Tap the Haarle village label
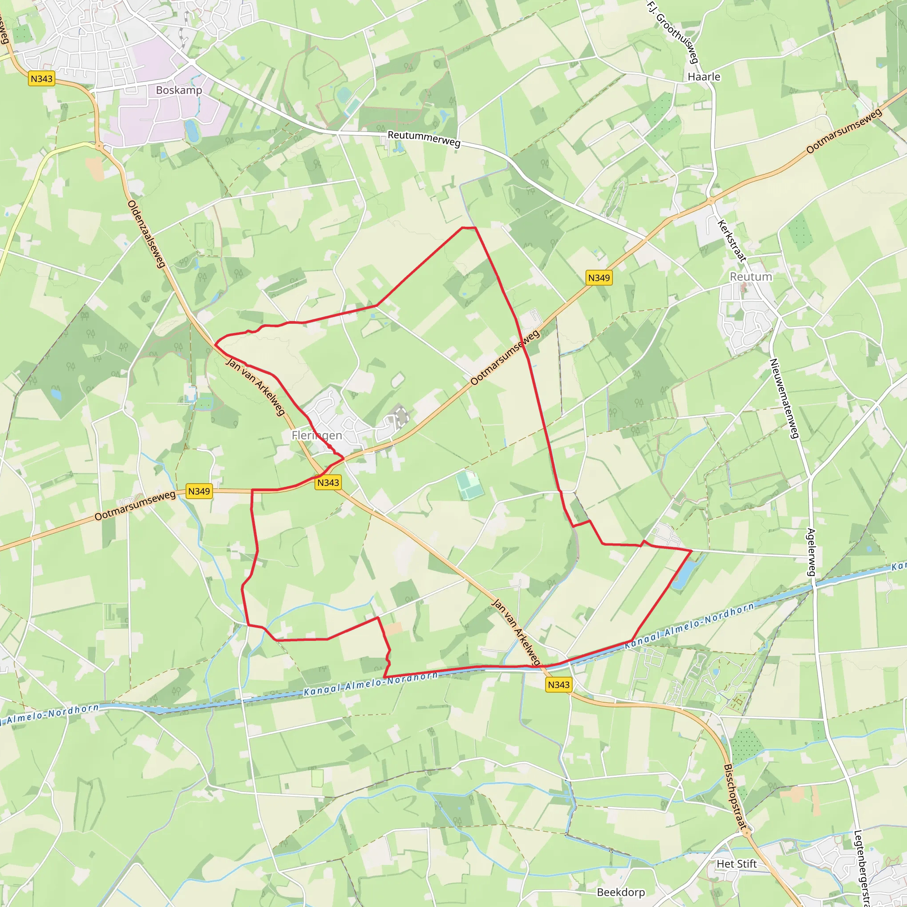703,77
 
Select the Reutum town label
750,277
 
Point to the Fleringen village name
317,435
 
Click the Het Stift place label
736,864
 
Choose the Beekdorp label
620,892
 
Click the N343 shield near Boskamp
42,78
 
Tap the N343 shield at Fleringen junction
328,483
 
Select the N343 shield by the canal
558,685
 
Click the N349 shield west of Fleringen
198,491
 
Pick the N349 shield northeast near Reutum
599,278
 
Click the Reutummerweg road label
423,139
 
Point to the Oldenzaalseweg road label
147,234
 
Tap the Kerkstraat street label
732,240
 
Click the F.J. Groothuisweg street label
673,32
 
